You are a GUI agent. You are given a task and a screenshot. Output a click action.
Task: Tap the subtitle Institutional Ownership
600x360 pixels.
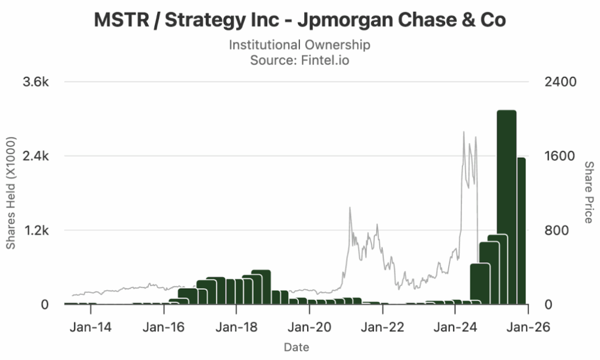300,45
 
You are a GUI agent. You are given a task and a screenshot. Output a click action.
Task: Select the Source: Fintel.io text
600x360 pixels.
300,60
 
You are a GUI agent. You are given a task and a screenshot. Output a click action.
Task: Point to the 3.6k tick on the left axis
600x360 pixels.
35,82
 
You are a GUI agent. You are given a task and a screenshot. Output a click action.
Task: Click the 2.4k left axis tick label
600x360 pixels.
35,157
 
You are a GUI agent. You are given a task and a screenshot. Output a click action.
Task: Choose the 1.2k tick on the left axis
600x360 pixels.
35,230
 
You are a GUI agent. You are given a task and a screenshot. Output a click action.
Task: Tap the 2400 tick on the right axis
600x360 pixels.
560,82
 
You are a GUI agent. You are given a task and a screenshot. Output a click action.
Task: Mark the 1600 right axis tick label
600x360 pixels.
560,157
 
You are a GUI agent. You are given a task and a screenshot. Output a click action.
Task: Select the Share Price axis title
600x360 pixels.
589,192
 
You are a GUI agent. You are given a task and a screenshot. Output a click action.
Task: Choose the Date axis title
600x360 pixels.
296,347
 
